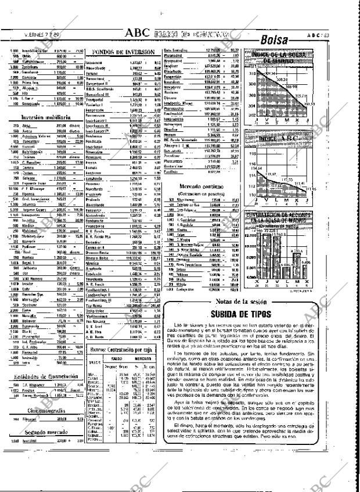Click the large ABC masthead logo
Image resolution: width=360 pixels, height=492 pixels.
tap(136, 33)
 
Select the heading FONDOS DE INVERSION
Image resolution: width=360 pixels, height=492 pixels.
tap(123, 52)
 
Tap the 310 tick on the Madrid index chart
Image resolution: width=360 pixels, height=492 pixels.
tap(251, 74)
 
